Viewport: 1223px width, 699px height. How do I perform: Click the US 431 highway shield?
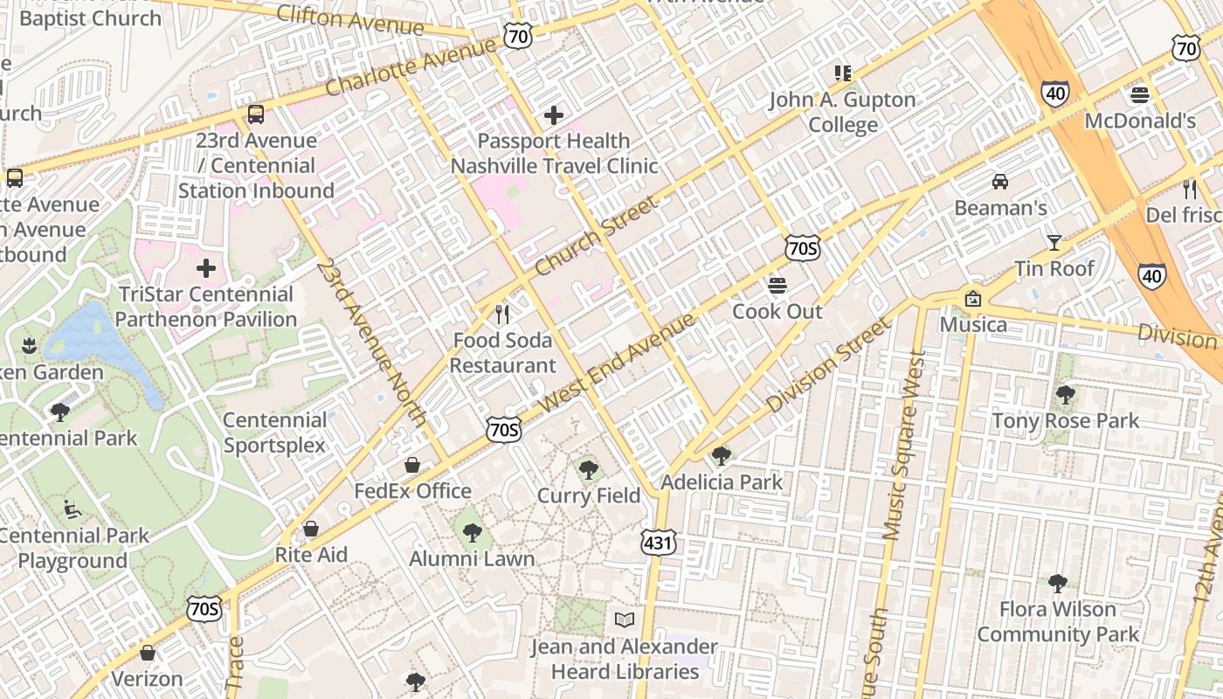pos(658,542)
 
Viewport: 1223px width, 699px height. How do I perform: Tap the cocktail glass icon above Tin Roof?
pos(1054,243)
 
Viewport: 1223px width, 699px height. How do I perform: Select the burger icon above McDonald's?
pos(1140,94)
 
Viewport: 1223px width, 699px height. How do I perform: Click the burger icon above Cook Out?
pos(777,286)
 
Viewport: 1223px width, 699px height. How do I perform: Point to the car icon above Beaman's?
pos(1000,182)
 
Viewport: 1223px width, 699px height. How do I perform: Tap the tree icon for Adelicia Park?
pos(721,455)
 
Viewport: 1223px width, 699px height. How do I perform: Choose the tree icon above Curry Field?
pos(589,470)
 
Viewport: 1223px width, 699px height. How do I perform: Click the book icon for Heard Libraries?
pos(624,620)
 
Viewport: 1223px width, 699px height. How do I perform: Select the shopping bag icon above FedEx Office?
pos(412,465)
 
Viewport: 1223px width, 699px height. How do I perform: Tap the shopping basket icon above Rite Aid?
pos(310,529)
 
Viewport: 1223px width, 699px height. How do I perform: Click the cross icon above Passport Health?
pos(553,114)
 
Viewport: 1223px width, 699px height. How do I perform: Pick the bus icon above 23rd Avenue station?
pos(256,114)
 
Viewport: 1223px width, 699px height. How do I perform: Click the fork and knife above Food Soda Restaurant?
pos(502,314)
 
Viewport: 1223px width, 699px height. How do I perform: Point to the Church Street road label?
pos(596,237)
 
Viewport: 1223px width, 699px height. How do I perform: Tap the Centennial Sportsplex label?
pos(274,433)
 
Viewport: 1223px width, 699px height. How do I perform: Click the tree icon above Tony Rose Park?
pos(1065,395)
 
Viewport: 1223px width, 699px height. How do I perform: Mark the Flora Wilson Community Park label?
pos(1058,621)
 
